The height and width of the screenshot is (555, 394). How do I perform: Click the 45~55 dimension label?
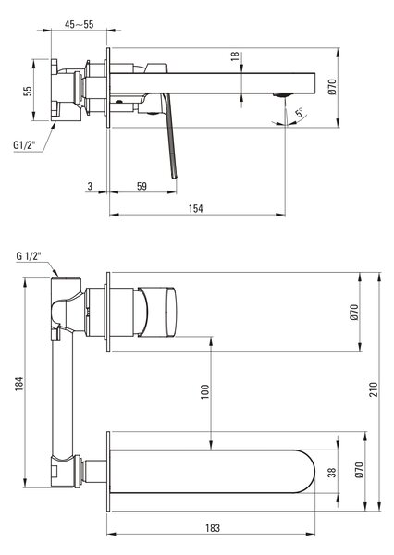click(x=79, y=24)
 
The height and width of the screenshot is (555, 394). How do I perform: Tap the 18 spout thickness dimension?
click(x=235, y=56)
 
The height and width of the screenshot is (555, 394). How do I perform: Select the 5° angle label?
click(x=300, y=113)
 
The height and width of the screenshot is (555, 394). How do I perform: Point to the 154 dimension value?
click(x=195, y=208)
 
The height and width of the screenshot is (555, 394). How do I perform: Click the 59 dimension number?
click(x=142, y=186)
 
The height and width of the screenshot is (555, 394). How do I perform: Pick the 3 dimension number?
click(x=90, y=186)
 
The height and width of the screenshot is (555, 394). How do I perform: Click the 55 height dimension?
click(x=28, y=91)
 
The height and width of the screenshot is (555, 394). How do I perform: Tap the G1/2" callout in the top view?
click(x=24, y=145)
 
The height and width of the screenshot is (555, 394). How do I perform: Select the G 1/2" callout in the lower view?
click(x=29, y=256)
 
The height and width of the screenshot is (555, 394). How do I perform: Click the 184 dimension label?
click(x=19, y=384)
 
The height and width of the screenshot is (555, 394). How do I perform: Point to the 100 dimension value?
click(x=205, y=391)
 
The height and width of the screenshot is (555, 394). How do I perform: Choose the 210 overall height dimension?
click(x=374, y=389)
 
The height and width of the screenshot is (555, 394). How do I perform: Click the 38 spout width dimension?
click(x=332, y=473)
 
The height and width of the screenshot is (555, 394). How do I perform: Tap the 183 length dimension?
click(x=213, y=528)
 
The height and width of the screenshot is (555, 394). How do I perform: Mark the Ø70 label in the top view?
click(x=332, y=87)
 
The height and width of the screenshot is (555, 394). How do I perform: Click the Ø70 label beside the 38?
click(x=358, y=470)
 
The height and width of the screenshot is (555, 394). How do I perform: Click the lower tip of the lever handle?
click(x=175, y=177)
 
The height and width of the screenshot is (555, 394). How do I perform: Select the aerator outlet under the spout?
click(x=282, y=94)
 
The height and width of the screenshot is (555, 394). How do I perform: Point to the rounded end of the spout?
click(x=307, y=472)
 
